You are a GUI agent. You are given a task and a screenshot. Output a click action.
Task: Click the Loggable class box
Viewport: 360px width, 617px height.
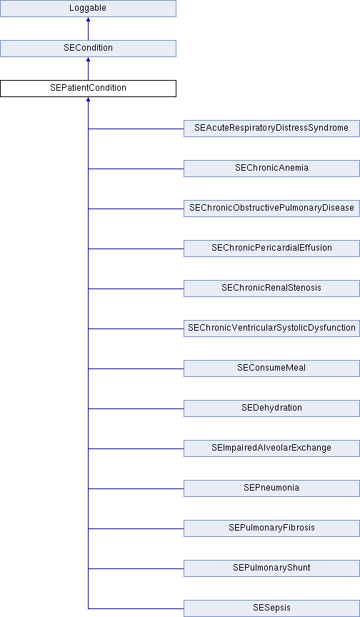pyautogui.click(x=88, y=9)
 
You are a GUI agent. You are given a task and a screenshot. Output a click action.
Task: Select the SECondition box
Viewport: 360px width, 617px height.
pyautogui.click(x=88, y=49)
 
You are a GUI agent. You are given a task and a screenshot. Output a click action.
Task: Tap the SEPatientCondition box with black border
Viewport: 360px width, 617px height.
pyautogui.click(x=88, y=88)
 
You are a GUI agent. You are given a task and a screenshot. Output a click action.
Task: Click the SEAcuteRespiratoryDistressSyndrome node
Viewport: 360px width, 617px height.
pyautogui.click(x=271, y=129)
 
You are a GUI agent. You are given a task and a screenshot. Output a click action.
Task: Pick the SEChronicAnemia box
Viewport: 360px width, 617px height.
pyautogui.click(x=271, y=169)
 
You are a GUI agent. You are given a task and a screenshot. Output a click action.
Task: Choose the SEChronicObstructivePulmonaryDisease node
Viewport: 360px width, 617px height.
pyautogui.click(x=271, y=208)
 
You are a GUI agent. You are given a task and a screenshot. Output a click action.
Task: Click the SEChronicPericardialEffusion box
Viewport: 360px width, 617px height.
pyautogui.click(x=271, y=249)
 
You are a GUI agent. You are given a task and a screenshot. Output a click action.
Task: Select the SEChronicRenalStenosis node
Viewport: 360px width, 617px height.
pyautogui.click(x=271, y=289)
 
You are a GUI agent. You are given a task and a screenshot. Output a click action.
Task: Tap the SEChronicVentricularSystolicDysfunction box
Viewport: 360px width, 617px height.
pyautogui.click(x=271, y=328)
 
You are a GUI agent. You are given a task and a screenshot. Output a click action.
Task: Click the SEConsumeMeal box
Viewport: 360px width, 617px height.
pyautogui.click(x=271, y=368)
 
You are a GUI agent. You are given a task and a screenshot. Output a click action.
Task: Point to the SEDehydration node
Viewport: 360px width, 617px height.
pyautogui.click(x=271, y=408)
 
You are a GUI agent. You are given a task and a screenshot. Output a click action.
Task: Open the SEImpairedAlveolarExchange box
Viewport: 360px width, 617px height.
pyautogui.click(x=271, y=448)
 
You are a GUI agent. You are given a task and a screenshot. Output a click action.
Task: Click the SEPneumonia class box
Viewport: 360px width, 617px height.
pyautogui.click(x=271, y=488)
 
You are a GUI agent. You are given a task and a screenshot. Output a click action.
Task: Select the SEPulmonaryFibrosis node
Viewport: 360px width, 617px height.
pyautogui.click(x=271, y=528)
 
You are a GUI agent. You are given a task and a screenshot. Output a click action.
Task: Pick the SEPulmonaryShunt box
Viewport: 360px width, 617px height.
pyautogui.click(x=271, y=568)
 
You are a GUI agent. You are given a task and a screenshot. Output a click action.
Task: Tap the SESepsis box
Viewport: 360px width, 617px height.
pyautogui.click(x=271, y=608)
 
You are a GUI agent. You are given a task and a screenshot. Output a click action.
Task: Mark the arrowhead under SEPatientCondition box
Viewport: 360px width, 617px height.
pyautogui.click(x=88, y=99)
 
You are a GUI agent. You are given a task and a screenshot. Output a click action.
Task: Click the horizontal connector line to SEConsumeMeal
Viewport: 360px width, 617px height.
pyautogui.click(x=136, y=368)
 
